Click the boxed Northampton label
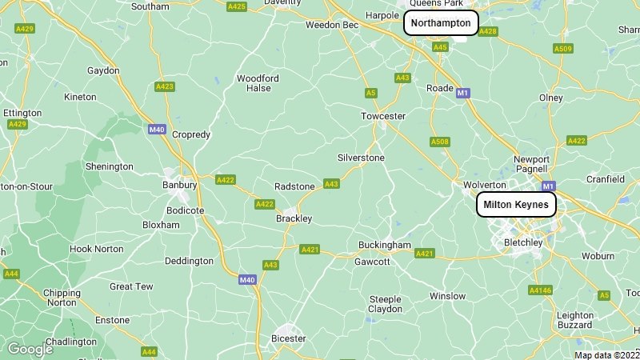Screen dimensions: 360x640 (441, 23)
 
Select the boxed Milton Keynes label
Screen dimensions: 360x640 (516, 205)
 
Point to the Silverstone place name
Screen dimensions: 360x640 (361, 158)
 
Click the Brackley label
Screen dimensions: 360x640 (294, 218)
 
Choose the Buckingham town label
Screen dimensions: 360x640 (385, 244)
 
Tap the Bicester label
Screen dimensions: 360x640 (289, 338)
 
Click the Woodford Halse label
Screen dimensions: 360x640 (258, 83)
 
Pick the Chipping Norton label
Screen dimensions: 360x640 (62, 298)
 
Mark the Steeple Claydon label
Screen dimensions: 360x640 (385, 304)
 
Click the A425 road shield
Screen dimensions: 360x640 (236, 6)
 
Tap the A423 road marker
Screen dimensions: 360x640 (165, 86)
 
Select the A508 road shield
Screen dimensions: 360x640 (440, 142)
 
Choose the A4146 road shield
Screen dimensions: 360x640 (541, 290)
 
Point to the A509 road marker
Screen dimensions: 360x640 (563, 49)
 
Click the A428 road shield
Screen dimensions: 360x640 (488, 31)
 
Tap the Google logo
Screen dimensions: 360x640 (30, 349)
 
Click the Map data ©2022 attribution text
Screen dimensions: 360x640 (607, 355)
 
